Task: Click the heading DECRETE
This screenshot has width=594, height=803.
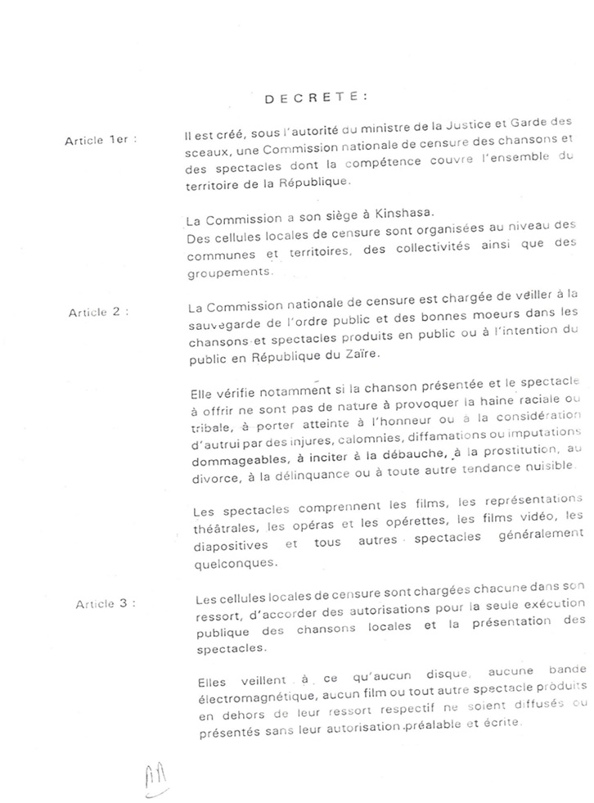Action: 315,97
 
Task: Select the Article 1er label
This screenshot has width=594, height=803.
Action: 100,140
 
